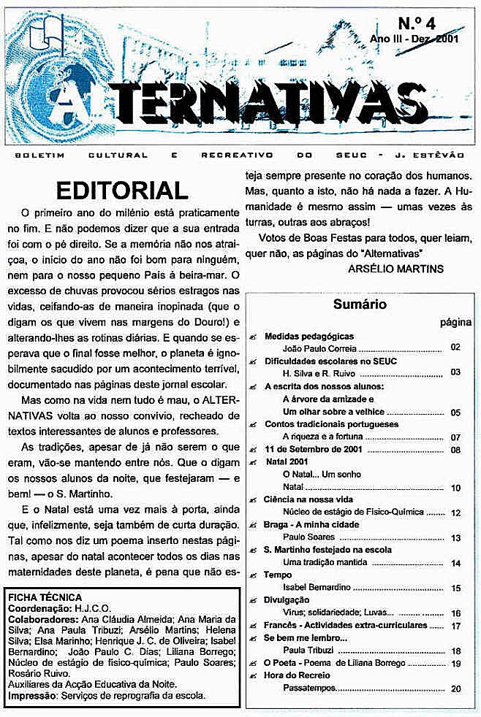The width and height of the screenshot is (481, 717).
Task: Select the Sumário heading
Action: (360, 304)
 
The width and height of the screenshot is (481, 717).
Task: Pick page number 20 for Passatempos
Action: (455, 688)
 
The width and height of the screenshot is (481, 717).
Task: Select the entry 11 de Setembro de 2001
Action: (311, 449)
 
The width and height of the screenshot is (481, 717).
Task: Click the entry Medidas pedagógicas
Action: (308, 337)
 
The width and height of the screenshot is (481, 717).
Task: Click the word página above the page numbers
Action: (455, 322)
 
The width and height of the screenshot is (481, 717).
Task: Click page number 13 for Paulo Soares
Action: (455, 537)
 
